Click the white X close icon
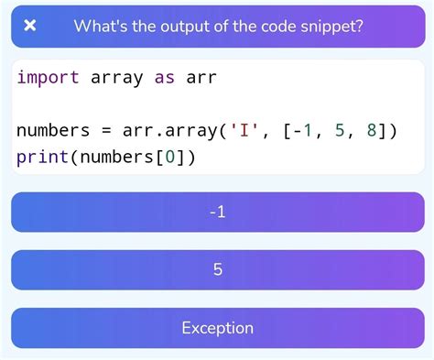pyautogui.click(x=30, y=25)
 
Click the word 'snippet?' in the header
pyautogui.click(x=329, y=25)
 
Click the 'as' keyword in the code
pyautogui.click(x=165, y=78)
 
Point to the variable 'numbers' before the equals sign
pyautogui.click(x=54, y=132)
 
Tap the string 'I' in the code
pyautogui.click(x=245, y=132)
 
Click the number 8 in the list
pyautogui.click(x=370, y=132)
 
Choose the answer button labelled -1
pyautogui.click(x=217, y=213)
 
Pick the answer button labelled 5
pyautogui.click(x=217, y=270)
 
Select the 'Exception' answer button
pyautogui.click(x=217, y=328)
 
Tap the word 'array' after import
pyautogui.click(x=117, y=78)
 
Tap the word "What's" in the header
pyautogui.click(x=102, y=25)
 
